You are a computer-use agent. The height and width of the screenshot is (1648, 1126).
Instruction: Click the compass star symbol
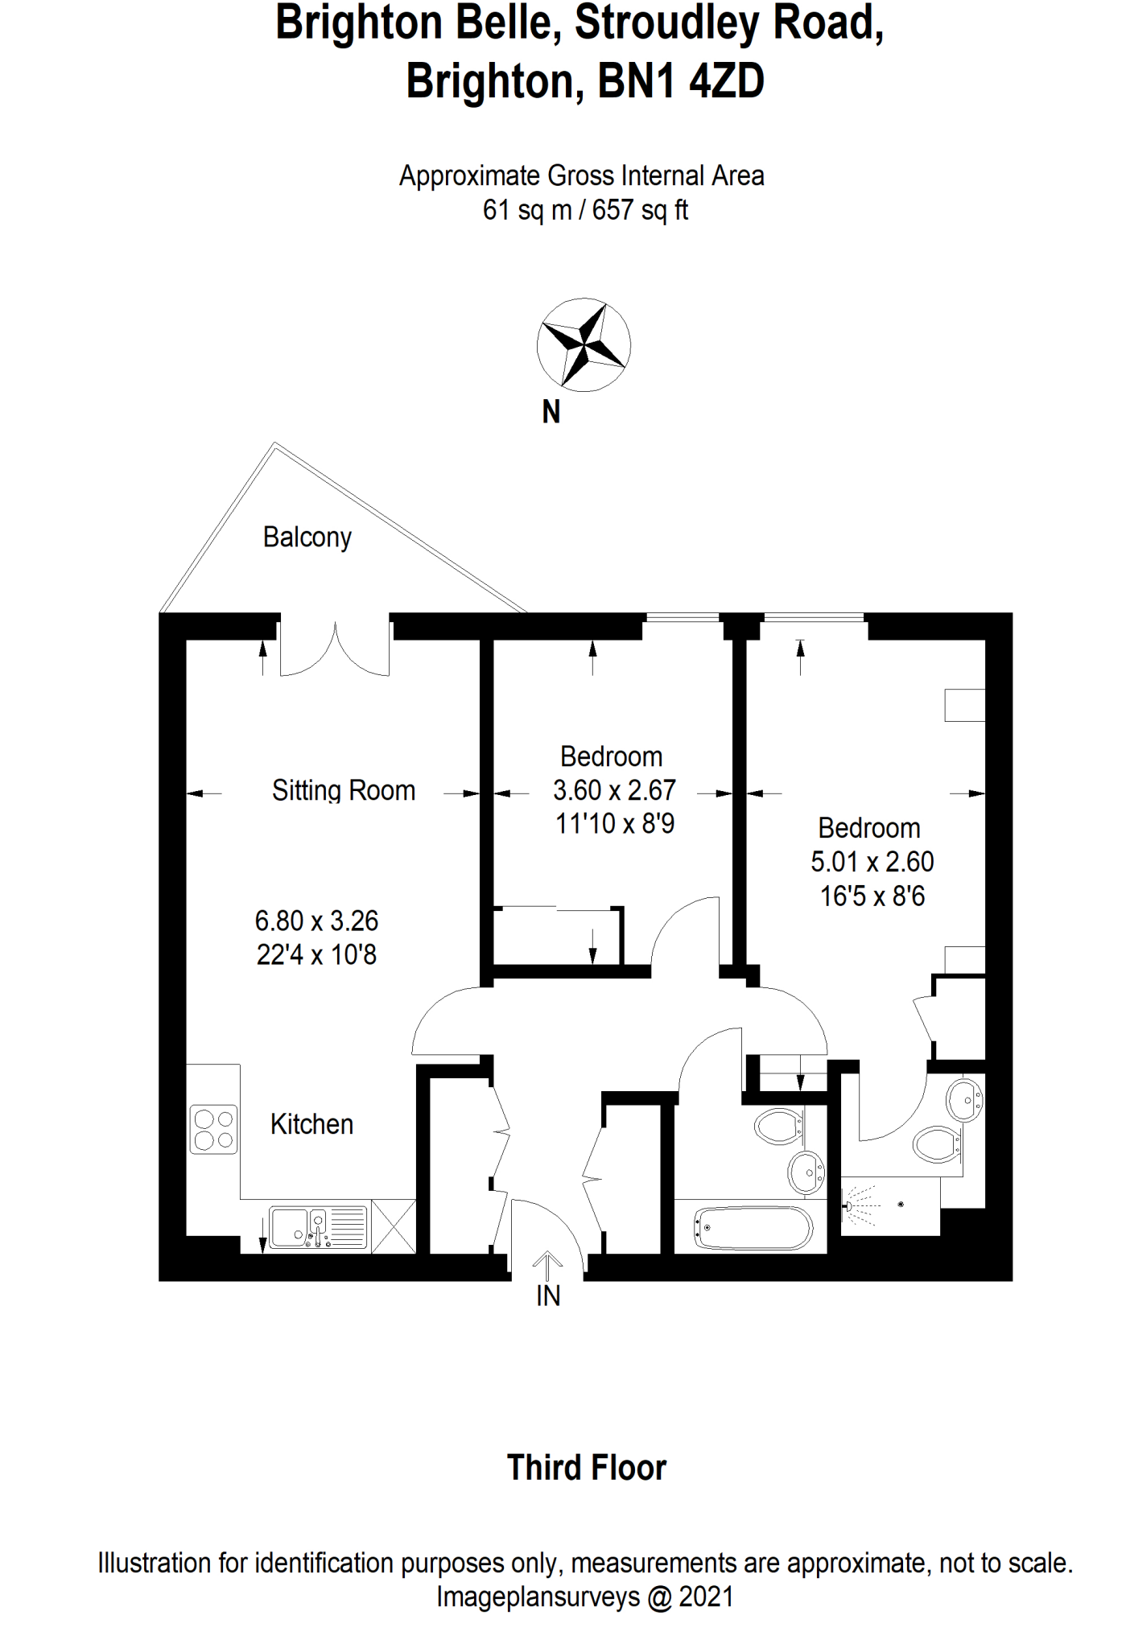[x=584, y=345]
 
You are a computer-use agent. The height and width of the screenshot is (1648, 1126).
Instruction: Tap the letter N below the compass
[x=551, y=412]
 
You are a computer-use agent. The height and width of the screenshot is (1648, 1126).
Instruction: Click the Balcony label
[x=307, y=537]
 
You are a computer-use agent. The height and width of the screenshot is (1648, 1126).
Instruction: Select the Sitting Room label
[x=343, y=790]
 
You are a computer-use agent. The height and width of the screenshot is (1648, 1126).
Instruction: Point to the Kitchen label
[x=311, y=1124]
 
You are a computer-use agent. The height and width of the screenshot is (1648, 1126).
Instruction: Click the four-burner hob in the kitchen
[x=214, y=1129]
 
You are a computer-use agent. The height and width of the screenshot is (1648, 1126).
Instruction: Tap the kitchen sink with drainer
[x=317, y=1228]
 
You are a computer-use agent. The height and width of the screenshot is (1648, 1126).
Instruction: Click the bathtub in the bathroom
[x=753, y=1227]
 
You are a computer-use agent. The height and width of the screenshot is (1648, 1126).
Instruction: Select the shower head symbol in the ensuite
[x=850, y=1205]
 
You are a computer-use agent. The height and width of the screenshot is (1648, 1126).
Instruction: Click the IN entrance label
[x=548, y=1296]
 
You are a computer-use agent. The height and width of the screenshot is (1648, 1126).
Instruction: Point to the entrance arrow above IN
[x=547, y=1265]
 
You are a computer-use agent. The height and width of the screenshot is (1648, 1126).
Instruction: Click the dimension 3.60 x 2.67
[x=613, y=790]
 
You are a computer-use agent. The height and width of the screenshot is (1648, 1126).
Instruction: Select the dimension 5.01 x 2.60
[x=872, y=862]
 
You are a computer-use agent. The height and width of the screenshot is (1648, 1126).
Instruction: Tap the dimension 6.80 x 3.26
[x=316, y=921]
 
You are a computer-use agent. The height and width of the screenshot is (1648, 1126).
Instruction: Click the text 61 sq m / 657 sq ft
[x=585, y=210]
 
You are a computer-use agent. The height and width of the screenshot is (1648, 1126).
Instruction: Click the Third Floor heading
[x=586, y=1468]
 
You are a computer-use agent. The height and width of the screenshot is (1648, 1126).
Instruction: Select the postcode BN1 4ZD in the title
[x=680, y=81]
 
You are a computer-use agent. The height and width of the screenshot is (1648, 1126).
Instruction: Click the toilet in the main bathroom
[x=777, y=1126]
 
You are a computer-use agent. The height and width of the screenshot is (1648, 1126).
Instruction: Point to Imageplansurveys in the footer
[x=538, y=1596]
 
